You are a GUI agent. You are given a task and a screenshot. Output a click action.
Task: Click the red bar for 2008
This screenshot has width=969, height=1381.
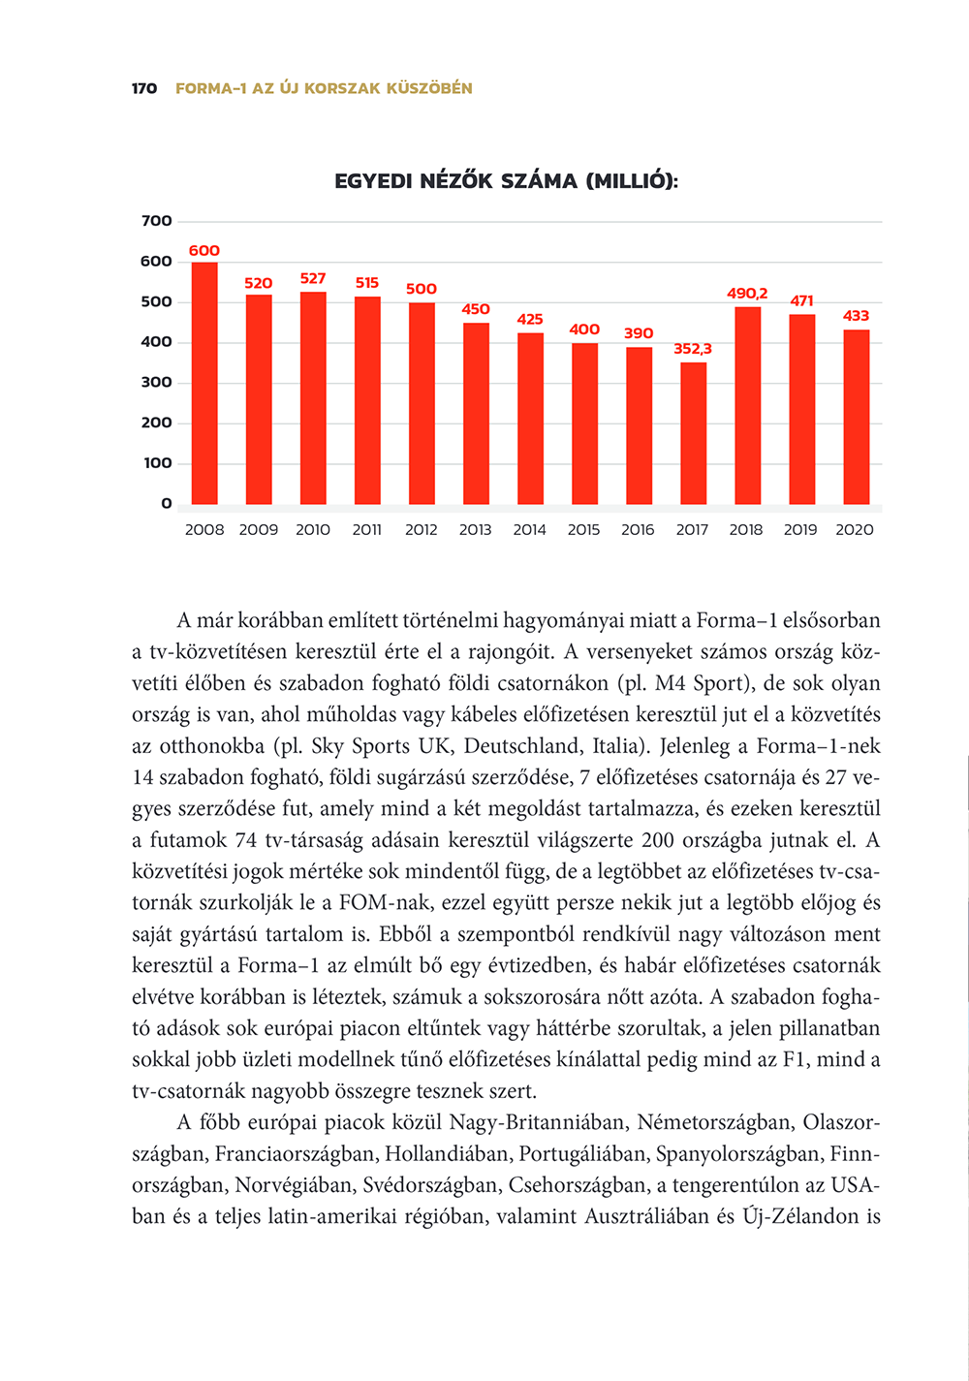coord(204,383)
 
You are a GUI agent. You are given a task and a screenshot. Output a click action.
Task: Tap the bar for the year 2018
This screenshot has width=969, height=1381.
coord(747,405)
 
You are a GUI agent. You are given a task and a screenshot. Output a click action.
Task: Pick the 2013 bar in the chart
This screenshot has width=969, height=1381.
coord(476,413)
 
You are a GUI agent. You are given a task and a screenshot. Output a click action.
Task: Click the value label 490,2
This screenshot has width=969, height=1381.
coord(747,294)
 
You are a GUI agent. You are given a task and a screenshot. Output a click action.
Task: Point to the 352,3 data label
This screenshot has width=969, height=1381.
coord(693,349)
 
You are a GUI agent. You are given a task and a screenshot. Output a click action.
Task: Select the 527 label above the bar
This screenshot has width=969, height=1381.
coord(313,279)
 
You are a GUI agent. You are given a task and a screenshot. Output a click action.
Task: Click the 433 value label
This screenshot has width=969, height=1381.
coord(856,316)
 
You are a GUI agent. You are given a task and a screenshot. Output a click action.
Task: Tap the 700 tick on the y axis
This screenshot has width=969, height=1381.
coord(157,221)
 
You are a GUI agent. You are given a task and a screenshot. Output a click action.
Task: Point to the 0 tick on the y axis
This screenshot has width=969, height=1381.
coord(167,503)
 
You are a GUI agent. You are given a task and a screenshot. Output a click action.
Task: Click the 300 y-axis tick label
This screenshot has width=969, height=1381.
coord(157,382)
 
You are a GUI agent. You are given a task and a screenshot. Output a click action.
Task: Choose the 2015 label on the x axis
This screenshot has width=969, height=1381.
coord(583,530)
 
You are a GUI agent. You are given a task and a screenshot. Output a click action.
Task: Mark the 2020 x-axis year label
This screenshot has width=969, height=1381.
coord(855,530)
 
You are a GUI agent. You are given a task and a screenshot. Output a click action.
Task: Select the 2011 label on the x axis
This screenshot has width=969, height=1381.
coord(366,530)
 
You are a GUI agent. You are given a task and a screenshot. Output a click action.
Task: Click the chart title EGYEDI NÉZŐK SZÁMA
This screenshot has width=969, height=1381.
coord(506,181)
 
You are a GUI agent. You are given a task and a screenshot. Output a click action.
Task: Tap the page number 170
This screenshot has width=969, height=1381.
coord(144,88)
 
